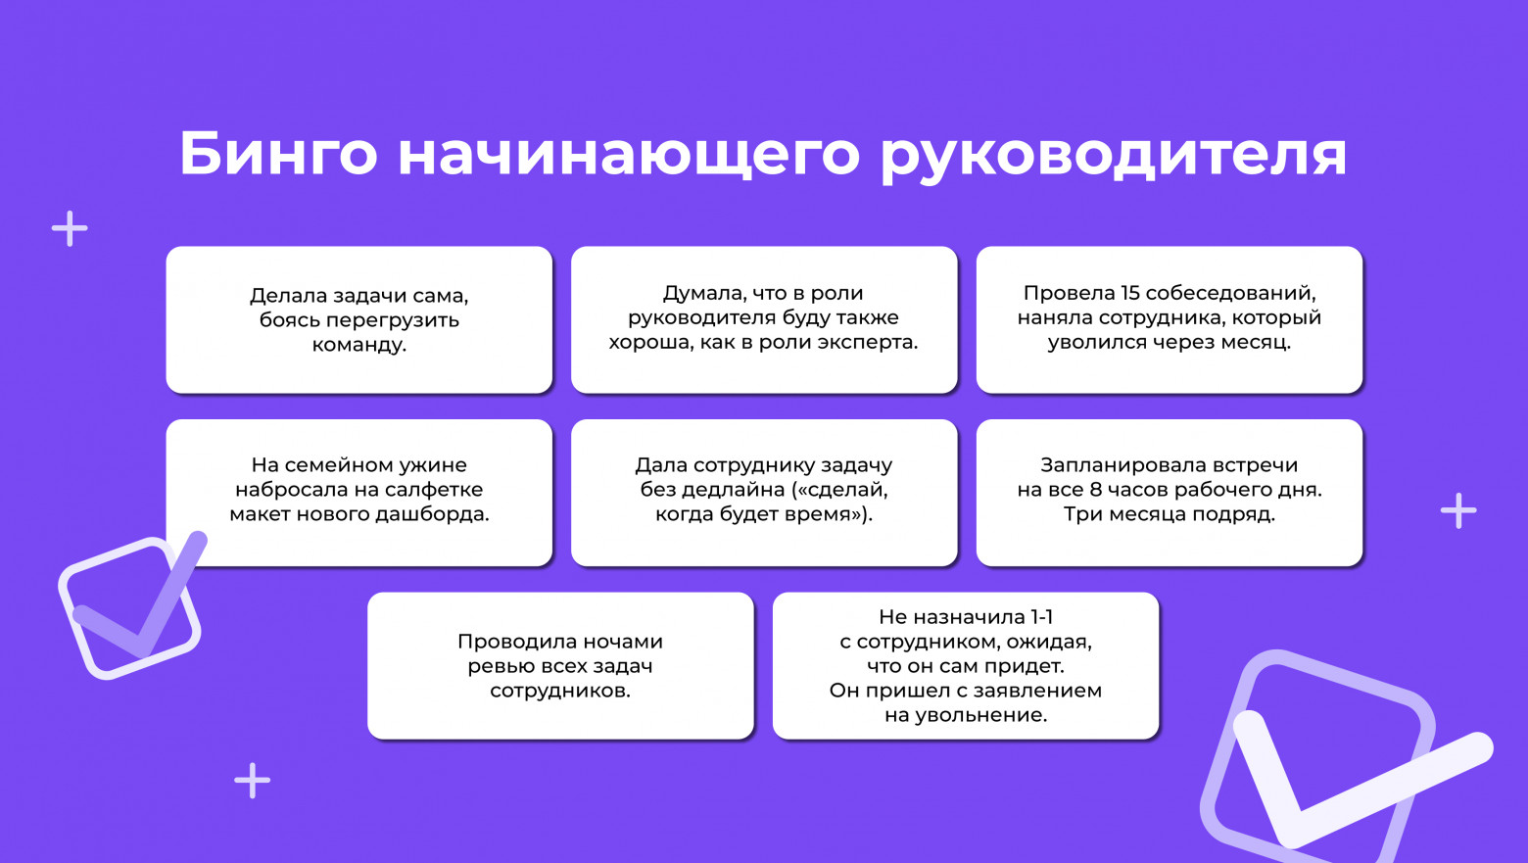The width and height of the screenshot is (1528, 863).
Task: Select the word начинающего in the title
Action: pyautogui.click(x=628, y=154)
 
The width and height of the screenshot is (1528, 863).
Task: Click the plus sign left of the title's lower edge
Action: pyautogui.click(x=70, y=229)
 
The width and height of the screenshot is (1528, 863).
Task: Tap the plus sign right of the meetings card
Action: pyautogui.click(x=1458, y=510)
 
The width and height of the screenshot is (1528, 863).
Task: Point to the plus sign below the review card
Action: pyautogui.click(x=253, y=781)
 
